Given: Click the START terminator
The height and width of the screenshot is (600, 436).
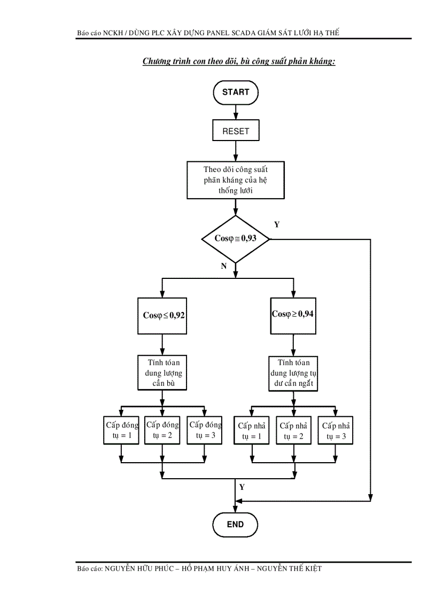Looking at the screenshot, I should click(235, 92).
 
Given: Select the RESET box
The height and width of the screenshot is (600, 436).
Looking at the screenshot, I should click(236, 131).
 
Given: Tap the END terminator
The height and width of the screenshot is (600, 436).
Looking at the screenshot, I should click(235, 524).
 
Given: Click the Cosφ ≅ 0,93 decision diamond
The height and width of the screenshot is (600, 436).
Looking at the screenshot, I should click(235, 239).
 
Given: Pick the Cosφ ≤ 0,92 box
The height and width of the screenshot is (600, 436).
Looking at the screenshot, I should click(163, 315).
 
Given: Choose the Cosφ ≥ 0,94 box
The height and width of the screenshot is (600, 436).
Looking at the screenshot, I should click(292, 314).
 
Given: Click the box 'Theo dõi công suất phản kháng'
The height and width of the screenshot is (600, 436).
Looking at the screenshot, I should click(235, 180).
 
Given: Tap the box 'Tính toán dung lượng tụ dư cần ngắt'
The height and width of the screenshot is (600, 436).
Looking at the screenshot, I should click(292, 373).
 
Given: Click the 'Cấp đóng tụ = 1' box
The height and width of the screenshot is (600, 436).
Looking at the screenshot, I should click(121, 430).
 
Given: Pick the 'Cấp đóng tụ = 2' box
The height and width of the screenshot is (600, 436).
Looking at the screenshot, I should click(162, 430).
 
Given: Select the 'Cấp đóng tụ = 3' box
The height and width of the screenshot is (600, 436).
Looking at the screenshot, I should click(205, 430).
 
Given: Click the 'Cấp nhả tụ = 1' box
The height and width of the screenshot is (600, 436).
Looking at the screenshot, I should click(252, 431).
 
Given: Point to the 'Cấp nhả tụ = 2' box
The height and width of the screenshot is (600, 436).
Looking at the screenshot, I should click(293, 431).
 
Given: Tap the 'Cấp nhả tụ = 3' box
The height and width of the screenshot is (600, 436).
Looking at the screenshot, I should click(336, 431).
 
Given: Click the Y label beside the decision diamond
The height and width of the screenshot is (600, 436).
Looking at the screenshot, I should click(277, 225).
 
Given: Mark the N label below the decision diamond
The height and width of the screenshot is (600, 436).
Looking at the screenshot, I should click(224, 267).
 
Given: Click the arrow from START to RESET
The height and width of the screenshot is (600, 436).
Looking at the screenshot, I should click(236, 112).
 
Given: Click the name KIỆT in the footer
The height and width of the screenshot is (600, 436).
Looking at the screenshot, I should click(313, 569).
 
